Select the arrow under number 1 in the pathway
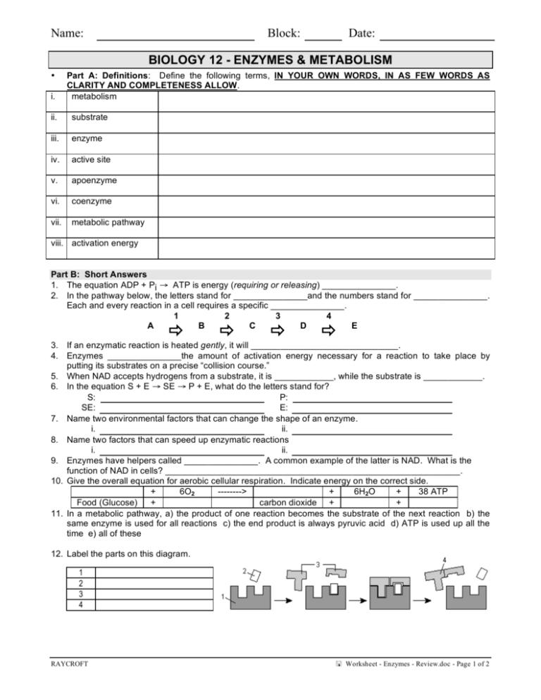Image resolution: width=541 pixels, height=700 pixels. click(177, 327)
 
